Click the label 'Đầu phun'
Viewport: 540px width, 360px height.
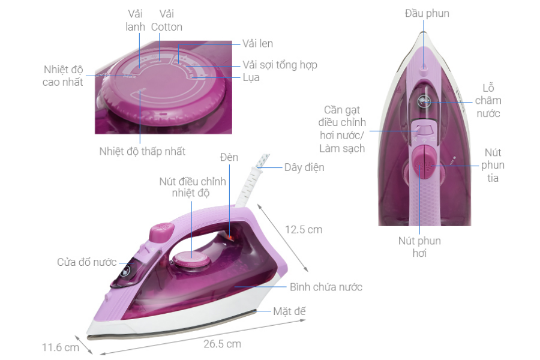(x=427, y=13)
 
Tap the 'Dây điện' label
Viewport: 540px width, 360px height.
(x=304, y=167)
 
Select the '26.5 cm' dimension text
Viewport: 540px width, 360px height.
(x=221, y=344)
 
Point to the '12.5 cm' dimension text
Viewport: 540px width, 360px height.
(x=304, y=229)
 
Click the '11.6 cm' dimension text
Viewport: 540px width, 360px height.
(x=60, y=347)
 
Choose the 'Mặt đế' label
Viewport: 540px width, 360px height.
(x=293, y=311)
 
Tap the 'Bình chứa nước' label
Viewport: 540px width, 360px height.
(x=326, y=287)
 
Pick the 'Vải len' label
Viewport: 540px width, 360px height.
(x=257, y=43)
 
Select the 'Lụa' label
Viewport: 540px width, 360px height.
(x=251, y=78)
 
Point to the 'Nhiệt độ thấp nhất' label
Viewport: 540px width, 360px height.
(x=142, y=151)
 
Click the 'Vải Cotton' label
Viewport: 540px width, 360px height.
(x=166, y=20)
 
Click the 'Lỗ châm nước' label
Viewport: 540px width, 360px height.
(x=487, y=100)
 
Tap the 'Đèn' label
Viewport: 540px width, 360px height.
(x=229, y=158)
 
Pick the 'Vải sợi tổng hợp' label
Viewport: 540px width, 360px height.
(x=280, y=65)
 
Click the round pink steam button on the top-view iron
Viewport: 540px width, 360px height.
(x=424, y=161)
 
